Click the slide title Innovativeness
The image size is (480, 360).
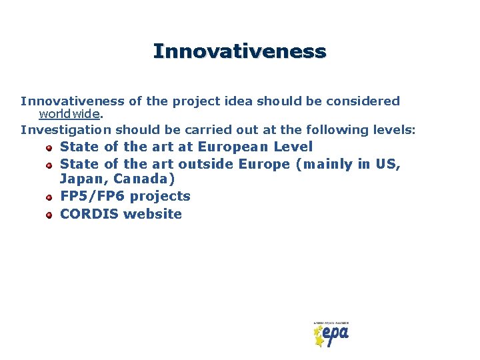click(239, 51)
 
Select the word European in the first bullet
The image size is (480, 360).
click(233, 147)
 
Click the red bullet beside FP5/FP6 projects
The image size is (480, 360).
click(49, 198)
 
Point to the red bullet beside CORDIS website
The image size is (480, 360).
click(49, 215)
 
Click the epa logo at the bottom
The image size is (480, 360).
click(331, 334)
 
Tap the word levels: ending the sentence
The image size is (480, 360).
click(393, 129)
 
